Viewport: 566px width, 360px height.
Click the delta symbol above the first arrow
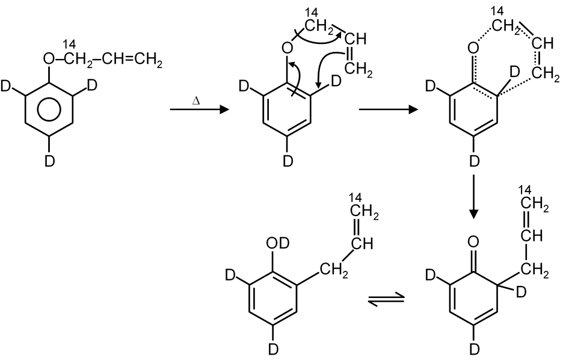point(196,102)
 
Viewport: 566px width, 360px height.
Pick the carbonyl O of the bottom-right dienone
point(473,243)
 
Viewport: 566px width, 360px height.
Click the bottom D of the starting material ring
point(51,160)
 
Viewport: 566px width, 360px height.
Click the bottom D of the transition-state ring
point(473,160)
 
